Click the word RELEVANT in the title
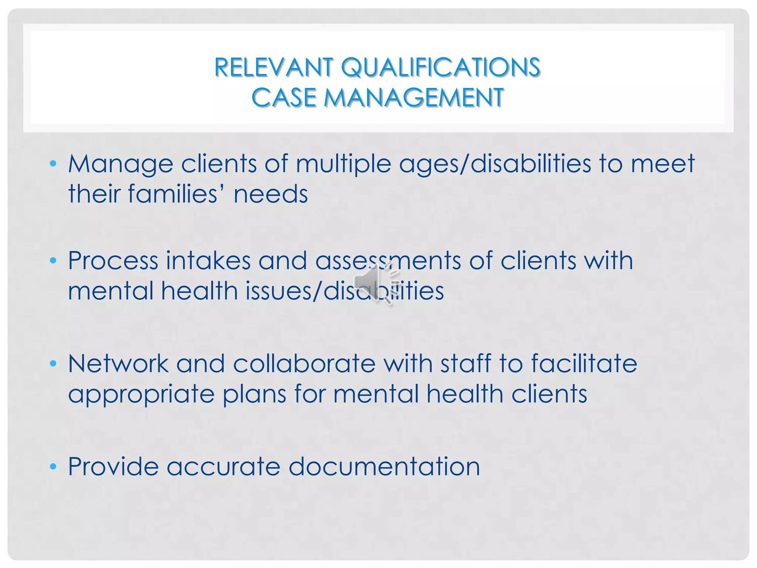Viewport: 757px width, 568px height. [274, 68]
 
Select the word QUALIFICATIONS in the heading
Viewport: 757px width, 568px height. [441, 68]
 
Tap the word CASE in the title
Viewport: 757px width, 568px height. [284, 98]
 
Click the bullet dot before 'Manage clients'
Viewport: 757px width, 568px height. [53, 163]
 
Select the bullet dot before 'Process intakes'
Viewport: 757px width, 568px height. [53, 260]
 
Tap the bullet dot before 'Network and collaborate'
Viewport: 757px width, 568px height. [53, 363]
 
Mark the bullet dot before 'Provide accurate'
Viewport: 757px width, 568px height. [53, 466]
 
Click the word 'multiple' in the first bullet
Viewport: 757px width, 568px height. [343, 164]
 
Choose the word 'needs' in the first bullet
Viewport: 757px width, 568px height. [271, 195]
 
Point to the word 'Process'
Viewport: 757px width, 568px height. [113, 260]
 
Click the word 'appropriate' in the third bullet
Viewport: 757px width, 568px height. [141, 394]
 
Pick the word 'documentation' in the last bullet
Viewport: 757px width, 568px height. [384, 466]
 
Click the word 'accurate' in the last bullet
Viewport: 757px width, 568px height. [223, 467]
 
